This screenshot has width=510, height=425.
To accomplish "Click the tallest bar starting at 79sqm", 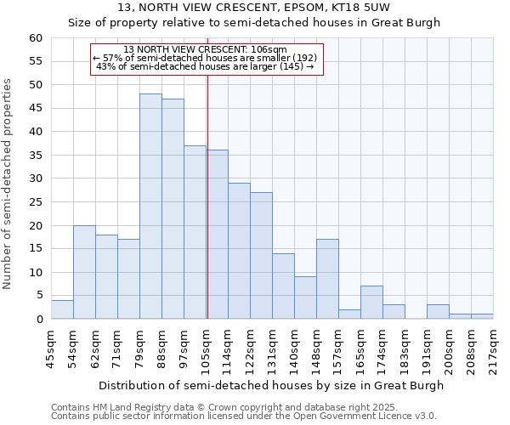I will (150, 207).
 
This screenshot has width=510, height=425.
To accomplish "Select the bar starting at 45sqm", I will (62, 309).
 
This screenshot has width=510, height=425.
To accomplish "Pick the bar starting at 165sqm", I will (371, 303).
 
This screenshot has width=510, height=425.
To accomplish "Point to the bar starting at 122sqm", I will (261, 256).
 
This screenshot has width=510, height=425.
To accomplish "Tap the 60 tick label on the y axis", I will (35, 38).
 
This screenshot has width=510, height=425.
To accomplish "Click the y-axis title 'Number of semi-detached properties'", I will (8, 183).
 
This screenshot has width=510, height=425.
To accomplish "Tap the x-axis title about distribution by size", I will (271, 385).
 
